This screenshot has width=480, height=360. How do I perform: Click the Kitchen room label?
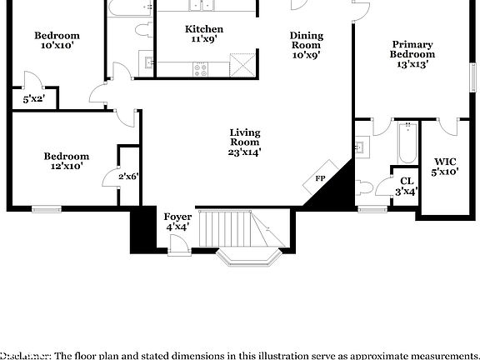pyautogui.click(x=204, y=33)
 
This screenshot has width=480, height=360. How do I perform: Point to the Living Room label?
pyautogui.click(x=245, y=142)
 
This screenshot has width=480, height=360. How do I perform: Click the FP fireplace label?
pyautogui.click(x=320, y=179)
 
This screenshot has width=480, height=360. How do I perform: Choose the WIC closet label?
pyautogui.click(x=445, y=166)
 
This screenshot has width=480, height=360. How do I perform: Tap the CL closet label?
pyautogui.click(x=407, y=186)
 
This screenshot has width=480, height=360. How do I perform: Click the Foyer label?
pyautogui.click(x=177, y=221)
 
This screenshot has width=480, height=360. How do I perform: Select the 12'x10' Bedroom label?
pyautogui.click(x=67, y=161)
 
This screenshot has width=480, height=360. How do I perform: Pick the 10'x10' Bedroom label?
pyautogui.click(x=57, y=41)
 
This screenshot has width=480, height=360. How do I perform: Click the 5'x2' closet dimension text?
pyautogui.click(x=33, y=99)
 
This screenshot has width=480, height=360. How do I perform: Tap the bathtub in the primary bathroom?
pyautogui.click(x=407, y=143)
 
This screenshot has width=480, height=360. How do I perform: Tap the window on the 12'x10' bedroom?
pyautogui.click(x=47, y=208)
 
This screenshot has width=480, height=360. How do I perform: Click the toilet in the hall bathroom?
pyautogui.click(x=141, y=30)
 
